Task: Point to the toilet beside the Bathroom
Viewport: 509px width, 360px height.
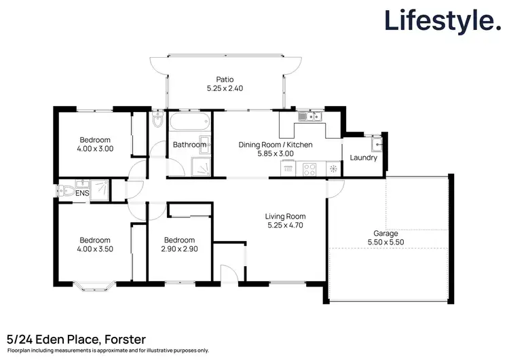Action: coord(157,122)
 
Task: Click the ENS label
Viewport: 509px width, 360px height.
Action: coord(82,194)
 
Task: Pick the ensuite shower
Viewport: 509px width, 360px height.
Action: coord(100,190)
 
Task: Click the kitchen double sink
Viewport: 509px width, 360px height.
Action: coord(309,117)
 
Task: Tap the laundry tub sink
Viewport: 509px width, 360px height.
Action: coord(376,144)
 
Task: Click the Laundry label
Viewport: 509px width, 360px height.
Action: coord(363,158)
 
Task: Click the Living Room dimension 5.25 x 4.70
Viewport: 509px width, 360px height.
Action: coord(285,226)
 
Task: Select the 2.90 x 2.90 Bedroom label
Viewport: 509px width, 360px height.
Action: coord(179,249)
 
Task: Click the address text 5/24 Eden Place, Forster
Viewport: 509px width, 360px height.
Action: coord(76,338)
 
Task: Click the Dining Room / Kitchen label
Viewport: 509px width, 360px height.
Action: coord(275,145)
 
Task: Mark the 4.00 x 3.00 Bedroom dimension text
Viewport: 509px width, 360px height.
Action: coord(94,149)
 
